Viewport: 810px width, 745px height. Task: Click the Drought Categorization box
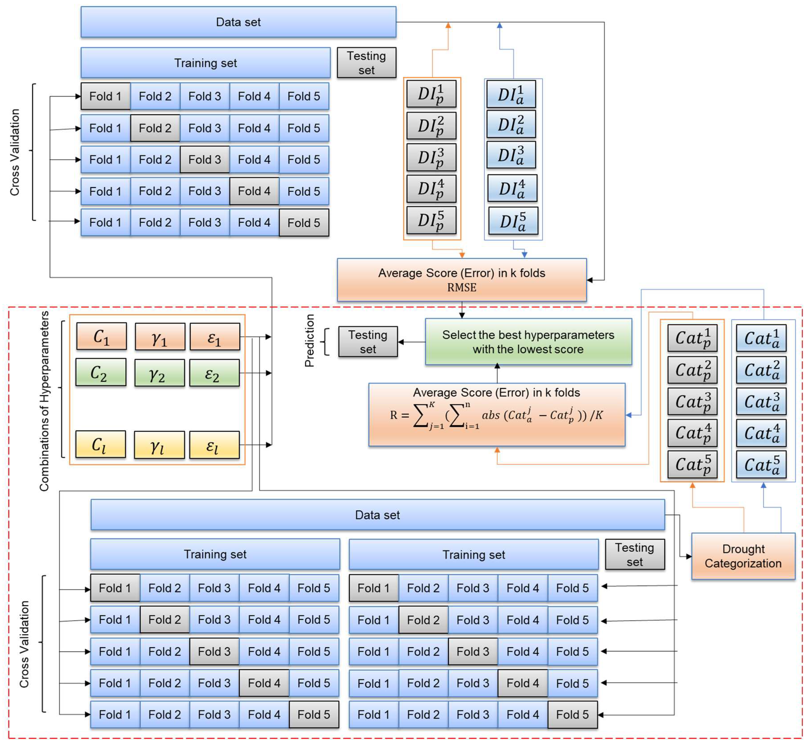[743, 556]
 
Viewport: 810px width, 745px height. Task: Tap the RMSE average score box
[461, 280]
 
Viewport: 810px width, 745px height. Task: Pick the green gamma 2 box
[159, 373]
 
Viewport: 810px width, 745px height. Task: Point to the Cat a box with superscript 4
[761, 433]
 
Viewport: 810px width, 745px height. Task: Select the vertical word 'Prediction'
[309, 340]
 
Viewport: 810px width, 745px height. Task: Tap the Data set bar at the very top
[238, 22]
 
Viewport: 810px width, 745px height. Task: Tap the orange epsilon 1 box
[214, 336]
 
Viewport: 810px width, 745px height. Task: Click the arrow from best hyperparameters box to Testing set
[411, 342]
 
